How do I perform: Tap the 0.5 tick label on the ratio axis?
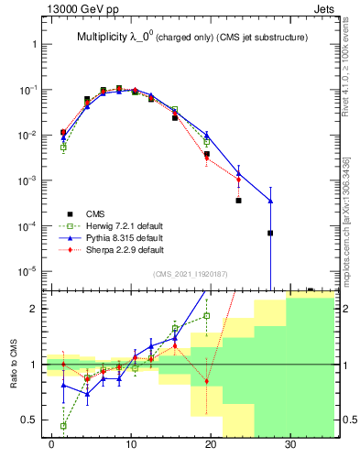pos(31,420)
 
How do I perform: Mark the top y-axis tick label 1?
pos(35,44)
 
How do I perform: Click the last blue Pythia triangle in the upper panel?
pos(270,201)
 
